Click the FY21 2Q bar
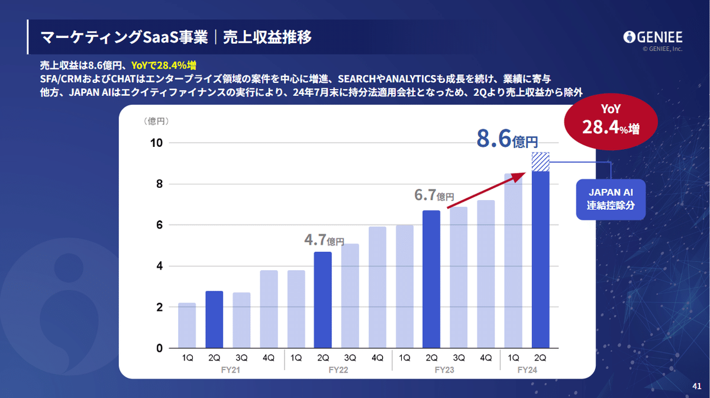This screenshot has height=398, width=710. coord(214,320)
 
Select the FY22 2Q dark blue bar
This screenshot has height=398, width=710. coord(322,300)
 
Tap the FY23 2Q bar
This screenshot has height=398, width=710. coord(431,280)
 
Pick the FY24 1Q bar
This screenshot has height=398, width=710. coord(513,261)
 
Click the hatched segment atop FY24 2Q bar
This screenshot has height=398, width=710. coord(540,162)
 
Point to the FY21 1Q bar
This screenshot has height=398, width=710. coord(187,326)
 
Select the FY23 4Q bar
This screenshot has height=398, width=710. coord(486,274)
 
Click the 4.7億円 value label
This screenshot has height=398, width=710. coord(324,240)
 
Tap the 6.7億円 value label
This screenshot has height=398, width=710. coord(434,195)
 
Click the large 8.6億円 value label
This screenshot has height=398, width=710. coord(507,139)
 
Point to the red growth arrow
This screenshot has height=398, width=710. coord(486,190)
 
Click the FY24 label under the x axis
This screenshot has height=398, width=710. coord(527,370)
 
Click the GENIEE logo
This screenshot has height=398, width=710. coord(653,37)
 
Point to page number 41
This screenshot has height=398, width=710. coord(696,386)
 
